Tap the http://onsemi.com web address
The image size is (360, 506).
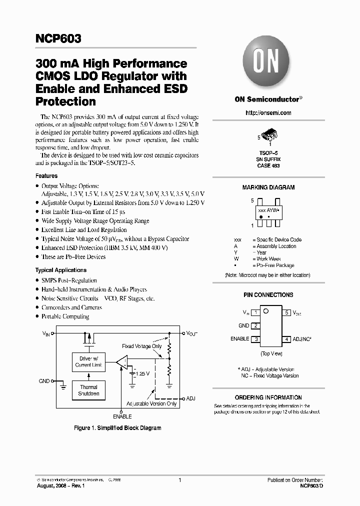tap(268, 113)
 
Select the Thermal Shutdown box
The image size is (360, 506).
tap(89, 390)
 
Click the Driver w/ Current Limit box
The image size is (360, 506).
tap(89, 361)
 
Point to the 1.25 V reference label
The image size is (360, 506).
tap(142, 373)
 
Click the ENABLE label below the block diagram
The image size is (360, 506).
tap(122, 416)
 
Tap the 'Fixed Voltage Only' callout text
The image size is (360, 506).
tap(142, 346)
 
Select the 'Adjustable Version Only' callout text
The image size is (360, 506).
tap(151, 403)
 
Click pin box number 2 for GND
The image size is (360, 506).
tap(255, 325)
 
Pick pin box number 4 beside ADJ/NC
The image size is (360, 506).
tap(287, 339)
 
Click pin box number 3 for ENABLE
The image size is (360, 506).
tap(255, 339)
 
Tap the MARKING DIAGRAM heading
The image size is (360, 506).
tap(268, 187)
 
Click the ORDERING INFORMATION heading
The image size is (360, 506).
tap(268, 397)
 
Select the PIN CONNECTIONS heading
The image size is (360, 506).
tap(268, 295)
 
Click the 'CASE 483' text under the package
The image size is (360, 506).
tap(268, 165)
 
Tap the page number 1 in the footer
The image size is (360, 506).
tap(179, 480)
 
